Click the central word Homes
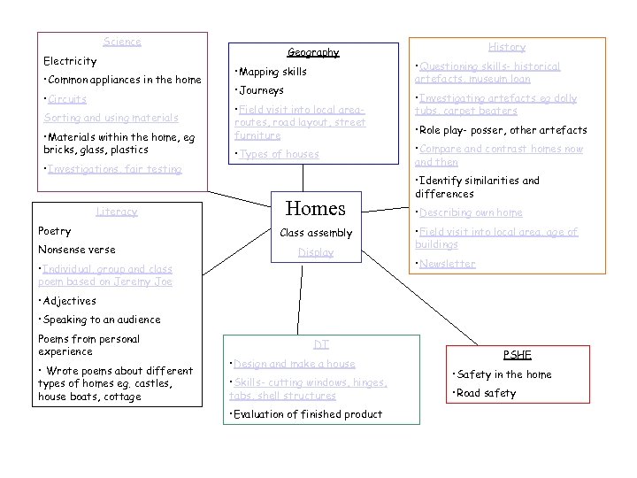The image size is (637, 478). tap(316, 209)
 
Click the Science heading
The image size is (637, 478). tap(122, 42)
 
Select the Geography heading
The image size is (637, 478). tap(313, 52)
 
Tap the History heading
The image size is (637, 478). tap(507, 47)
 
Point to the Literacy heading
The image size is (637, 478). tap(117, 212)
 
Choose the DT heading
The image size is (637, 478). tap(321, 343)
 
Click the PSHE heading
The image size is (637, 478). tap(518, 355)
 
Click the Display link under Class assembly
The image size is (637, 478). tap(316, 252)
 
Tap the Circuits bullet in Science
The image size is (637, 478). tap(67, 99)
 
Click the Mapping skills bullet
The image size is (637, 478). tap(271, 72)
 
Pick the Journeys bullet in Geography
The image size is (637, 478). tap(259, 90)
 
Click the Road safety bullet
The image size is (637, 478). tap(485, 393)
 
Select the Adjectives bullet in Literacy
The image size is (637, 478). tap(68, 301)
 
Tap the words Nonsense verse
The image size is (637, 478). tap(77, 250)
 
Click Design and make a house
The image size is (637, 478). tap(294, 364)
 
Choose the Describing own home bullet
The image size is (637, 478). tap(471, 212)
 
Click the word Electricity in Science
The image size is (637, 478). tap(70, 61)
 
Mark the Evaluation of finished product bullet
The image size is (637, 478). tap(306, 414)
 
